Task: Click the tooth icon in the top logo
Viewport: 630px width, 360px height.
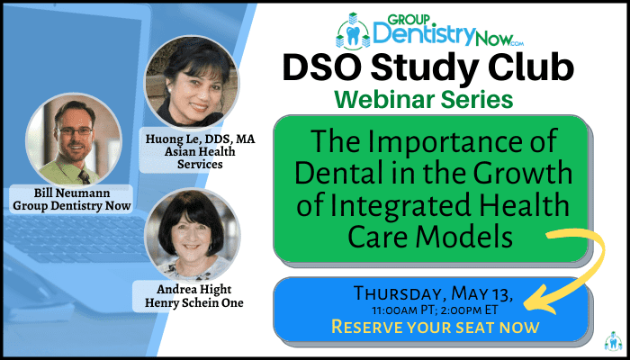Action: coord(353,36)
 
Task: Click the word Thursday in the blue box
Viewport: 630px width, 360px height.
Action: coord(400,294)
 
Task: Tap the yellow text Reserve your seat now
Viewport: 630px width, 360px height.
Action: coord(435,328)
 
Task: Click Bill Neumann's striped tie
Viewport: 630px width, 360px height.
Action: coord(84,177)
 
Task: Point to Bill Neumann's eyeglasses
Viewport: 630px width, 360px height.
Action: coord(75,130)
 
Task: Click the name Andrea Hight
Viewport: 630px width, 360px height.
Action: coord(194,290)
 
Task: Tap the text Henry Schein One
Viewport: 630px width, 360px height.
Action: coord(194,303)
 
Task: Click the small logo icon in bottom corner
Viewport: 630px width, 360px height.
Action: coord(614,341)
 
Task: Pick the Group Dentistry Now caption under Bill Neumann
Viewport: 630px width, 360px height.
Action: coord(72,206)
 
